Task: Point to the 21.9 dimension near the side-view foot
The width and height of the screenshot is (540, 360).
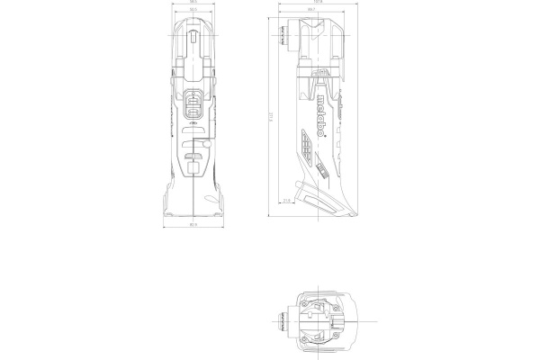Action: (x=285, y=201)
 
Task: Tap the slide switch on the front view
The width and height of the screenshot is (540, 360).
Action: (x=194, y=104)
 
